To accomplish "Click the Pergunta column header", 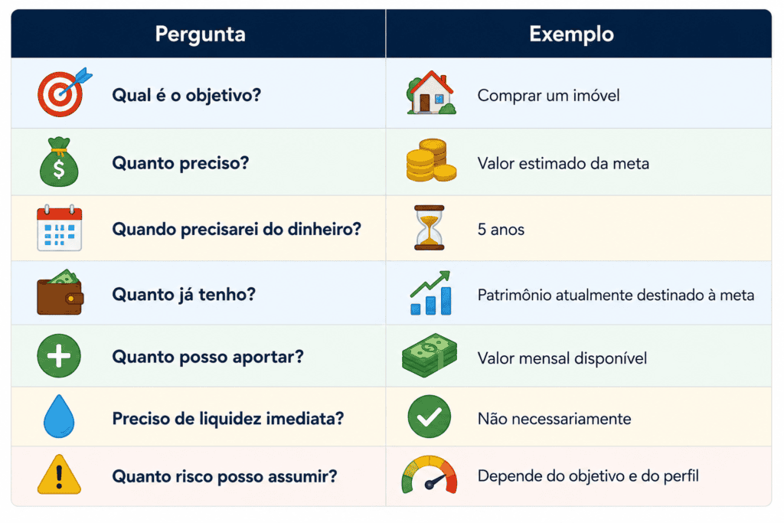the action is pyautogui.click(x=200, y=34).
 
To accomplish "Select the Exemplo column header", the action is pyautogui.click(x=571, y=34).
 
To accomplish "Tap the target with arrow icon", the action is pyautogui.click(x=64, y=93).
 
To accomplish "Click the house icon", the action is pyautogui.click(x=431, y=93).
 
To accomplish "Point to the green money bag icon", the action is pyautogui.click(x=59, y=162).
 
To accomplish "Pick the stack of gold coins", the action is pyautogui.click(x=431, y=160).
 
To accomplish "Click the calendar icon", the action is pyautogui.click(x=59, y=227).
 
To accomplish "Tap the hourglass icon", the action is pyautogui.click(x=429, y=227).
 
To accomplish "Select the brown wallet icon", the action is pyautogui.click(x=60, y=293).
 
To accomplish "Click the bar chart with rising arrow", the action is pyautogui.click(x=430, y=293).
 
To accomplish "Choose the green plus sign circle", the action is pyautogui.click(x=59, y=356).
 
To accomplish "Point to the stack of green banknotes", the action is pyautogui.click(x=430, y=355).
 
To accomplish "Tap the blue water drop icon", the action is pyautogui.click(x=59, y=417).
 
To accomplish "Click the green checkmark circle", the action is pyautogui.click(x=429, y=417).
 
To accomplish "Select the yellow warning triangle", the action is pyautogui.click(x=59, y=475).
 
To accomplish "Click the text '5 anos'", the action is pyautogui.click(x=501, y=230).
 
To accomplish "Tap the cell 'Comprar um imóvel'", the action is pyautogui.click(x=548, y=95).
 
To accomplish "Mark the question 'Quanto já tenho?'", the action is pyautogui.click(x=184, y=295).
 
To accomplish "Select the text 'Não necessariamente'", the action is pyautogui.click(x=554, y=419).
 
